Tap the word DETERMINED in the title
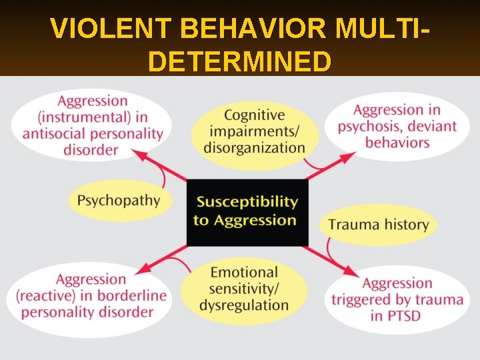tap(240, 61)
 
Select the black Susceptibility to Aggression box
tap(246, 211)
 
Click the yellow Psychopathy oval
tap(119, 200)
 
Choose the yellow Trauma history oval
tap(378, 224)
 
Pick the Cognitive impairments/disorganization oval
tap(254, 131)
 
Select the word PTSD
tap(397, 315)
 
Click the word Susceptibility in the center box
tap(247, 201)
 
